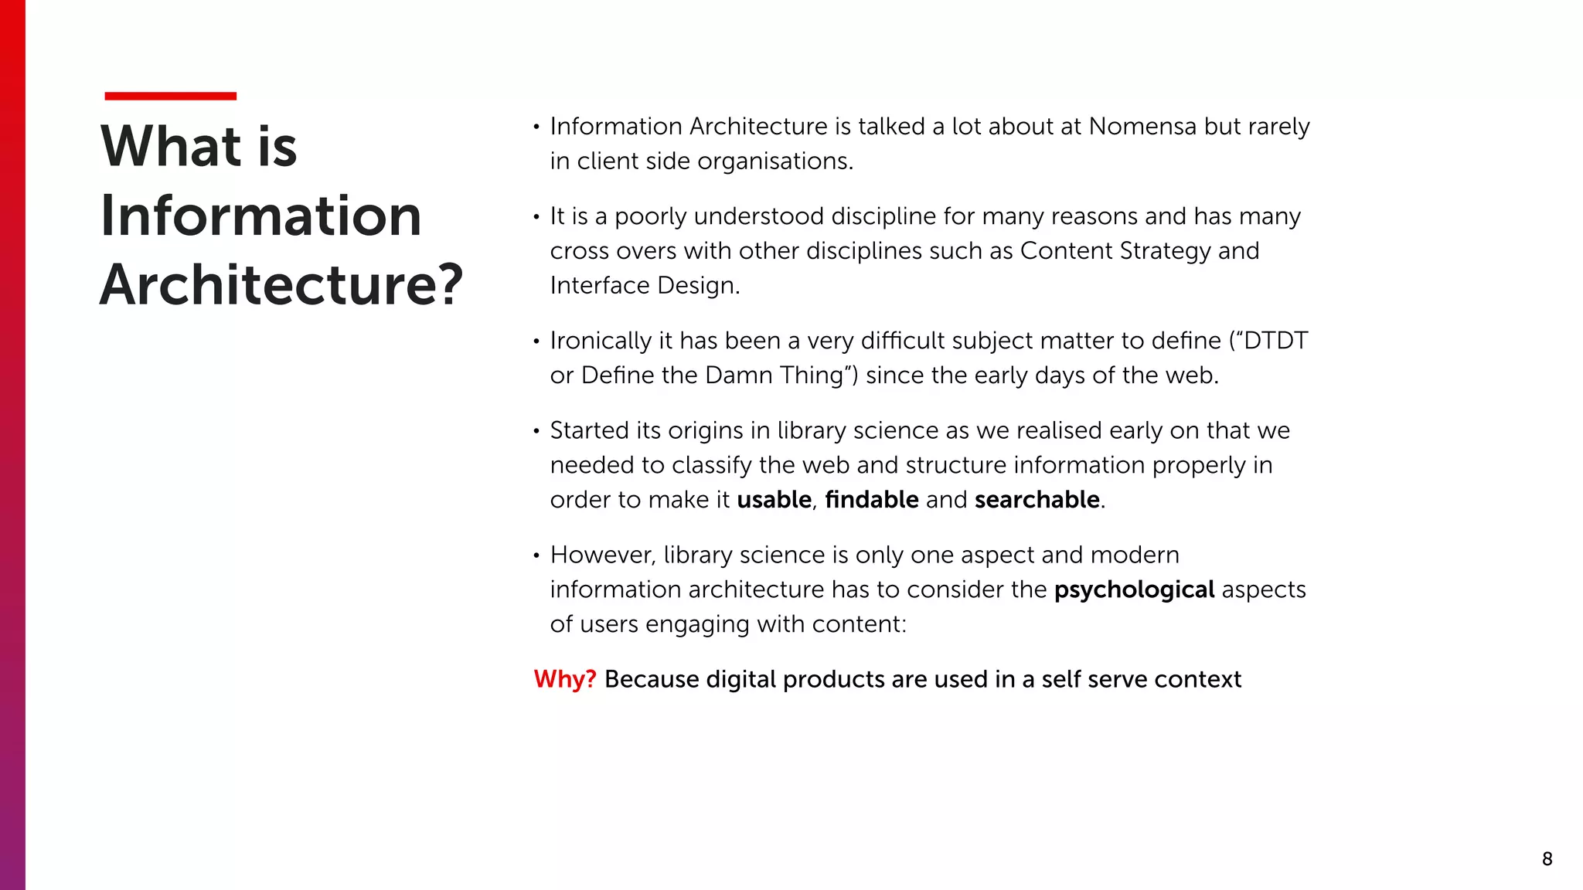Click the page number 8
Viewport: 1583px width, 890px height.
coord(1547,859)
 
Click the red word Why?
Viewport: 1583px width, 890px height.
coord(565,679)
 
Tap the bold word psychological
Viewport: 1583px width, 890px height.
coord(1134,589)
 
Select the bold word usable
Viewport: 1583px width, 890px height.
coord(774,500)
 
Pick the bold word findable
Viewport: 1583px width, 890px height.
coord(872,500)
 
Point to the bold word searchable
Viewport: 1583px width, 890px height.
coord(1037,500)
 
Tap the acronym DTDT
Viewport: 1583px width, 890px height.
coord(1275,341)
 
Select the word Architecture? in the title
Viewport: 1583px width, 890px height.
coord(281,284)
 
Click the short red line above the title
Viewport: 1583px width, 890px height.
coord(170,96)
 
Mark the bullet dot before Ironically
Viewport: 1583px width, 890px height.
coord(536,341)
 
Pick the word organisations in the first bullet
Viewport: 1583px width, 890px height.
coord(775,161)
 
